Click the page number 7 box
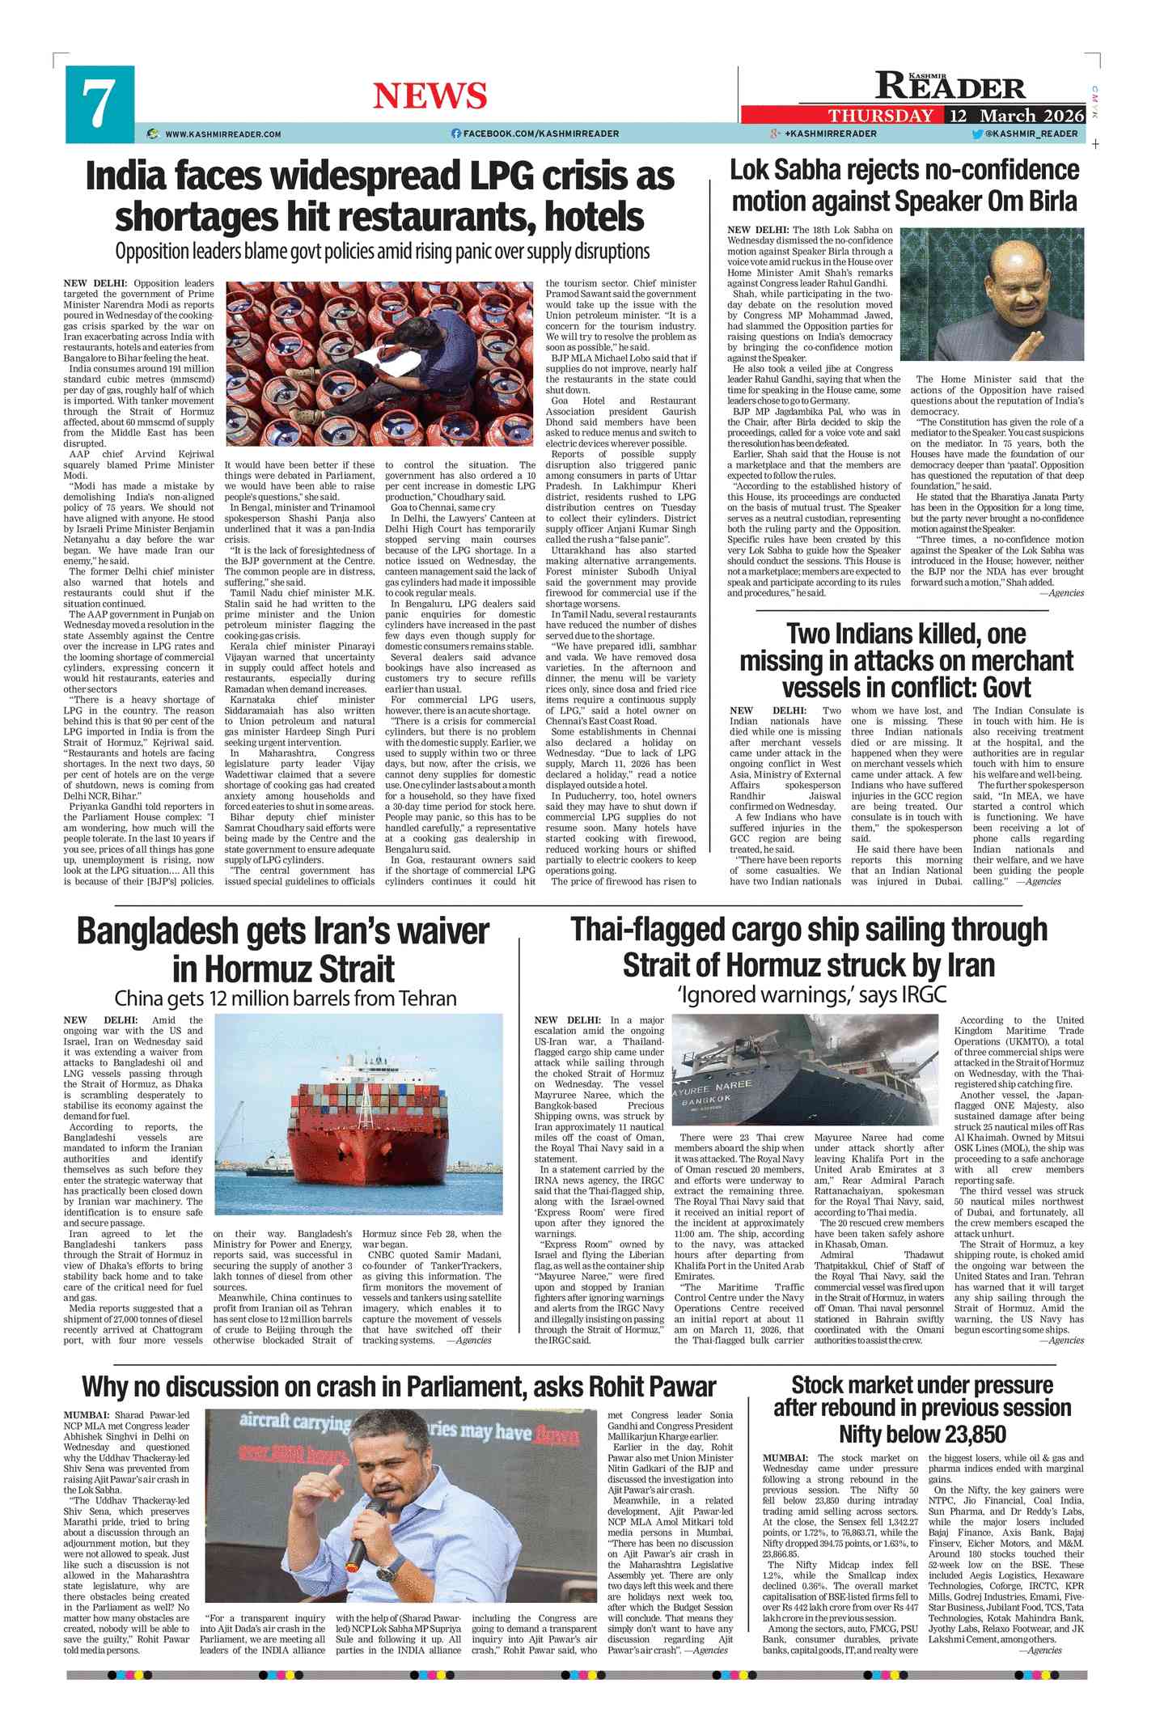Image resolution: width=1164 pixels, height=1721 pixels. tap(99, 104)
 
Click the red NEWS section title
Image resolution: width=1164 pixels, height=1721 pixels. tap(430, 95)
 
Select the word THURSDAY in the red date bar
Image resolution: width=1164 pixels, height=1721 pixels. tap(880, 116)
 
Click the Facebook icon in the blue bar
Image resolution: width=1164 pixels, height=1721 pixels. tap(456, 134)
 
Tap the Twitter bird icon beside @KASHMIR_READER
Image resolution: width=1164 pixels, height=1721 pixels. tap(977, 134)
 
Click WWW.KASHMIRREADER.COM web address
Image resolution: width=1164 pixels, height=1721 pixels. tap(222, 134)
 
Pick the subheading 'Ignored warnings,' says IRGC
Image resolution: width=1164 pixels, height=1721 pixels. tap(811, 994)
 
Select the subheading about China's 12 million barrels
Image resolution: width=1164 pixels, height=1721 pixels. tap(285, 998)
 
